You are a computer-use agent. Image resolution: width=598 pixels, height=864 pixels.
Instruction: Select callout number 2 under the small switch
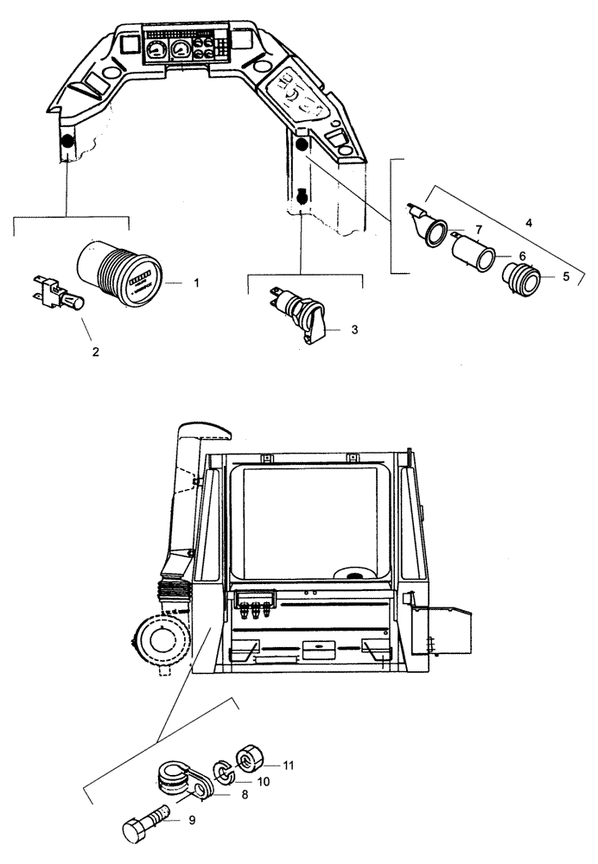(x=96, y=352)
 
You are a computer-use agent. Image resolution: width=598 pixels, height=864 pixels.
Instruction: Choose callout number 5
(x=565, y=277)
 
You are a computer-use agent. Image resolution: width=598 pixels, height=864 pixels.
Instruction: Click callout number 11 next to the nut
(x=288, y=766)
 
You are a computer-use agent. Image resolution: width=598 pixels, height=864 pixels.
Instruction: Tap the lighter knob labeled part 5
(x=521, y=282)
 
